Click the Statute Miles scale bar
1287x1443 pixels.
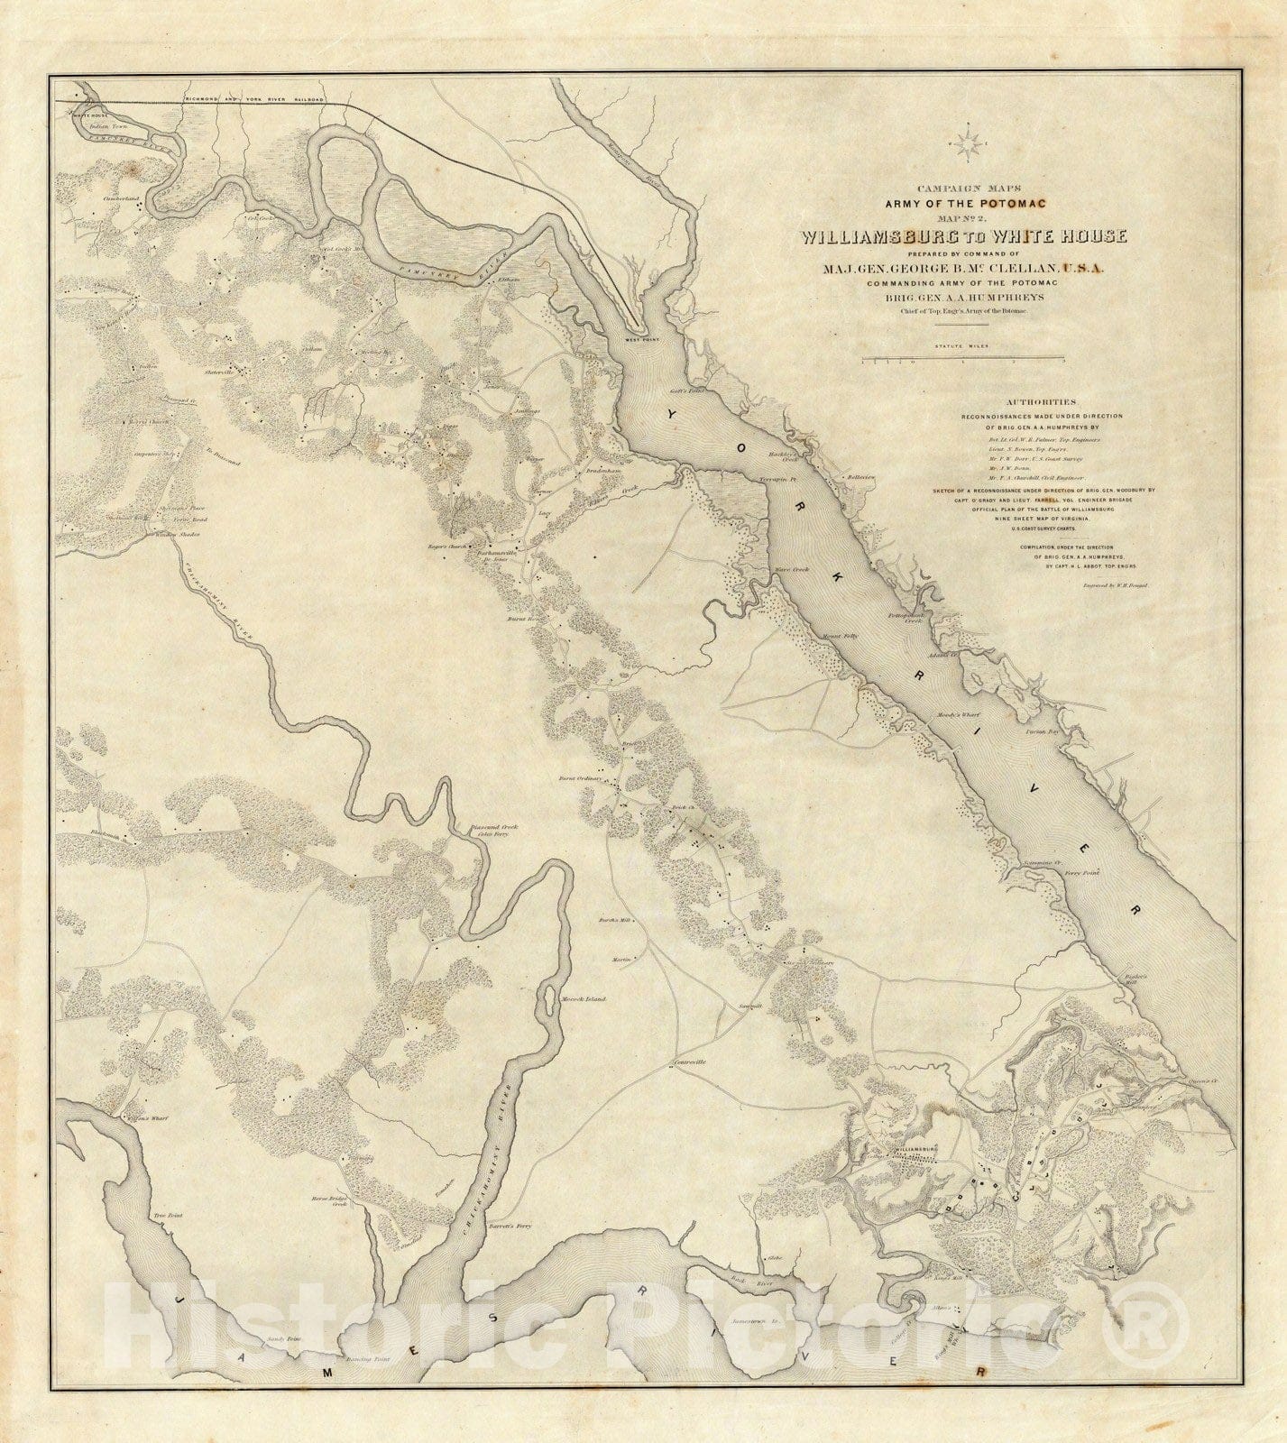964,359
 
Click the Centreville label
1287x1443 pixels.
693,1062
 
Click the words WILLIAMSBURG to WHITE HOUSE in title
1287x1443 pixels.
964,237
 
